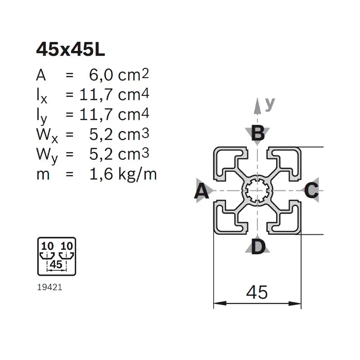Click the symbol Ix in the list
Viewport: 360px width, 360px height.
(x=41, y=95)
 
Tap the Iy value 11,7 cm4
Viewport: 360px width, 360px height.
(x=114, y=115)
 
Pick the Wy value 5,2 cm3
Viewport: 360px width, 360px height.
(x=119, y=154)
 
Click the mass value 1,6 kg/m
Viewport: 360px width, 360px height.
(x=123, y=174)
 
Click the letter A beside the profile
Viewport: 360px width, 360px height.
(x=201, y=192)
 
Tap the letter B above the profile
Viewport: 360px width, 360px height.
(x=257, y=133)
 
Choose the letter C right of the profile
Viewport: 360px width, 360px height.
(x=310, y=191)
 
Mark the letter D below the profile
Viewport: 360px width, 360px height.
(x=257, y=247)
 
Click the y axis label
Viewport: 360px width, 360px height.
(x=269, y=103)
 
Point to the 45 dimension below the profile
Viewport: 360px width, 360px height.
(x=257, y=292)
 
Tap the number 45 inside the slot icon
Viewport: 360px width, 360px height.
(x=56, y=265)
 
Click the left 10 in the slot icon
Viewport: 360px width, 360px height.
(x=47, y=246)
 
